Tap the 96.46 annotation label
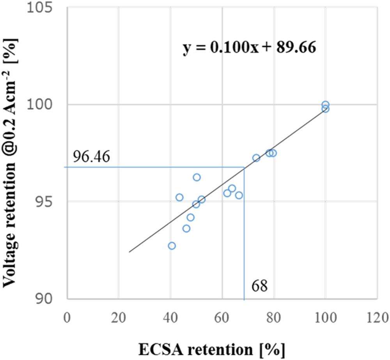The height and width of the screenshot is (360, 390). click(91, 157)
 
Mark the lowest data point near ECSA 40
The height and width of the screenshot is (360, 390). click(172, 246)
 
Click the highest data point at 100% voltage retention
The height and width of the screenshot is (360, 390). click(325, 105)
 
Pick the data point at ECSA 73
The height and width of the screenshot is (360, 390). click(256, 158)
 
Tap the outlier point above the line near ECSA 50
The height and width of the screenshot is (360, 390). click(197, 177)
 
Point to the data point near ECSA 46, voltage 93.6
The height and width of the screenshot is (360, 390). click(186, 229)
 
